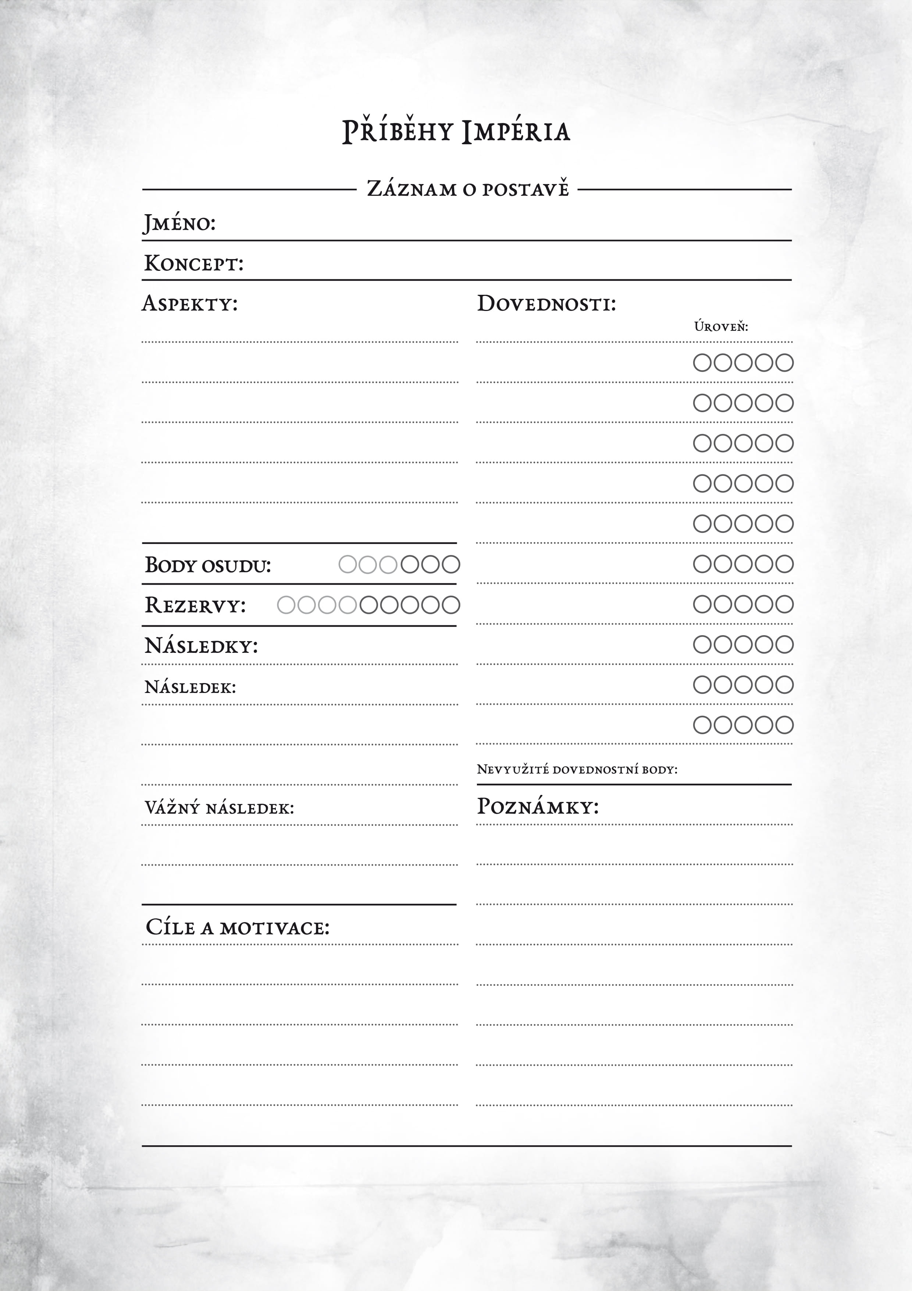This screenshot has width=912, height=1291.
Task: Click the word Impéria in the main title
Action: pyautogui.click(x=516, y=132)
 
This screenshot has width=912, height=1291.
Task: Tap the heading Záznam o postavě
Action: pyautogui.click(x=467, y=189)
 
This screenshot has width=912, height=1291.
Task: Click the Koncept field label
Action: pyautogui.click(x=194, y=263)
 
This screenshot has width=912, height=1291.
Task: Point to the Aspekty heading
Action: pyautogui.click(x=189, y=304)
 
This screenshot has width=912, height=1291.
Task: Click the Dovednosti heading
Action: pyautogui.click(x=546, y=304)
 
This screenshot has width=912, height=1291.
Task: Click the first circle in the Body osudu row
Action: pyautogui.click(x=348, y=564)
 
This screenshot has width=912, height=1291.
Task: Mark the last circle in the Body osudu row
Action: pyautogui.click(x=450, y=564)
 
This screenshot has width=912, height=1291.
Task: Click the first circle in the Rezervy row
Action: pyautogui.click(x=286, y=605)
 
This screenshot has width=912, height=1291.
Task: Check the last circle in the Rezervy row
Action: pyautogui.click(x=450, y=605)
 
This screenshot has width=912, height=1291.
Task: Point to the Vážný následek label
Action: pyautogui.click(x=219, y=808)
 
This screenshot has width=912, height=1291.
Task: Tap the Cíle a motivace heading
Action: pyautogui.click(x=237, y=927)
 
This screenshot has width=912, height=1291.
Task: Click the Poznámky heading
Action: pyautogui.click(x=538, y=807)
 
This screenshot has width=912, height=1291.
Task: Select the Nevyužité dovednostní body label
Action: pyautogui.click(x=577, y=769)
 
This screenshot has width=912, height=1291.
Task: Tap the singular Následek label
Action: pyautogui.click(x=190, y=687)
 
